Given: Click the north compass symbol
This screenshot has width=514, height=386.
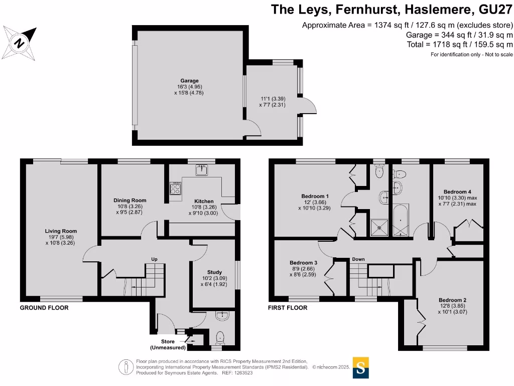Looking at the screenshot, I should [x=20, y=42].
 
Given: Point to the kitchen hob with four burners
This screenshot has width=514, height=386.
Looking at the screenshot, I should [x=176, y=189].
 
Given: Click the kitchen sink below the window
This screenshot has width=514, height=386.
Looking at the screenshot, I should [x=203, y=171].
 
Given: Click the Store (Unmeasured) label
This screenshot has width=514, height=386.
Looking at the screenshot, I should [x=168, y=344].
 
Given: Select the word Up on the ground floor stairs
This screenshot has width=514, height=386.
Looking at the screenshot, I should [x=155, y=259].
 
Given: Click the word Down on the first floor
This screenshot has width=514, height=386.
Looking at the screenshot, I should [x=358, y=259].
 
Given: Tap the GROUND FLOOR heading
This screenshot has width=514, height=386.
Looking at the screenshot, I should [x=44, y=308].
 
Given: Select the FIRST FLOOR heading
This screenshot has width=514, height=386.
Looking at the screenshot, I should [x=288, y=308].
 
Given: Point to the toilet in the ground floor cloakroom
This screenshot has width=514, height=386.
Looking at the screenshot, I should [x=220, y=337].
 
